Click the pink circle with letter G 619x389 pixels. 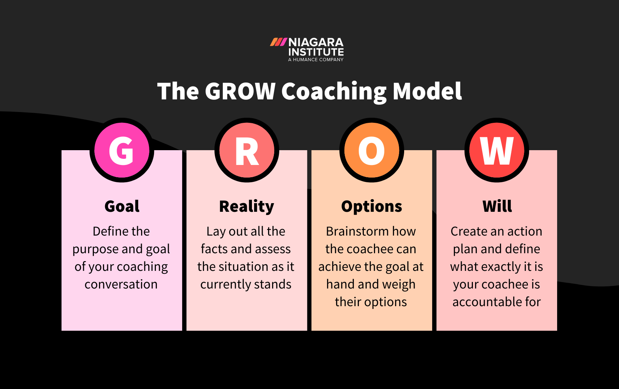coord(122,150)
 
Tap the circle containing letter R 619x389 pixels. coord(247,150)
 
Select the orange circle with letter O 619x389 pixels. coord(372,150)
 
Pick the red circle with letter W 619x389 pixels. coord(497,150)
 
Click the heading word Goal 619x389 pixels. coord(122,206)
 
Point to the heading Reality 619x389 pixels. coord(247,207)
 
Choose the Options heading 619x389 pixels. coord(372,207)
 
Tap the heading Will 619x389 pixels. coord(497,206)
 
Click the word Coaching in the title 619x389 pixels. coord(334,92)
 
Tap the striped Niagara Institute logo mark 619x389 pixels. coord(278,42)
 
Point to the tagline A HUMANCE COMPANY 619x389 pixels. coord(316,60)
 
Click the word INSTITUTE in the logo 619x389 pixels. coord(316,52)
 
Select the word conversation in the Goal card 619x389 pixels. coord(121,285)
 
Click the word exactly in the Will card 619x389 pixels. coord(501,267)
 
